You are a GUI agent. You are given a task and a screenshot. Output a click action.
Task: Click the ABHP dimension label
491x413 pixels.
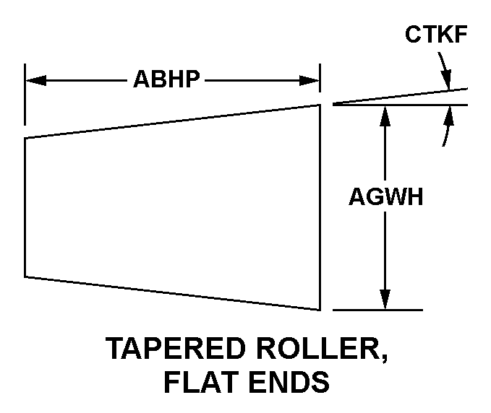(166, 79)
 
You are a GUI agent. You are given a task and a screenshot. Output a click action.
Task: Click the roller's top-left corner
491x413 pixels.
(26, 138)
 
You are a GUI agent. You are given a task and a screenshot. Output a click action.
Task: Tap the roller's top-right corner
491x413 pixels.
(320, 105)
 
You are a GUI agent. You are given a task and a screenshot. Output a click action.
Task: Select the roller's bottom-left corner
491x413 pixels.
(26, 276)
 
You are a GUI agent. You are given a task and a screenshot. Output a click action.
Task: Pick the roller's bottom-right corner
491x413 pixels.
(320, 309)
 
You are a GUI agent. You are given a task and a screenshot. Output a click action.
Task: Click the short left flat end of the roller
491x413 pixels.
(26, 207)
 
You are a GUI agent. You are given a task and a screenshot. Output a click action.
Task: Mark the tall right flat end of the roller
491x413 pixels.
(320, 207)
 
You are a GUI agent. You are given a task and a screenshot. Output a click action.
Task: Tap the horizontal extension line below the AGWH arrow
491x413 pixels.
(377, 310)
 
